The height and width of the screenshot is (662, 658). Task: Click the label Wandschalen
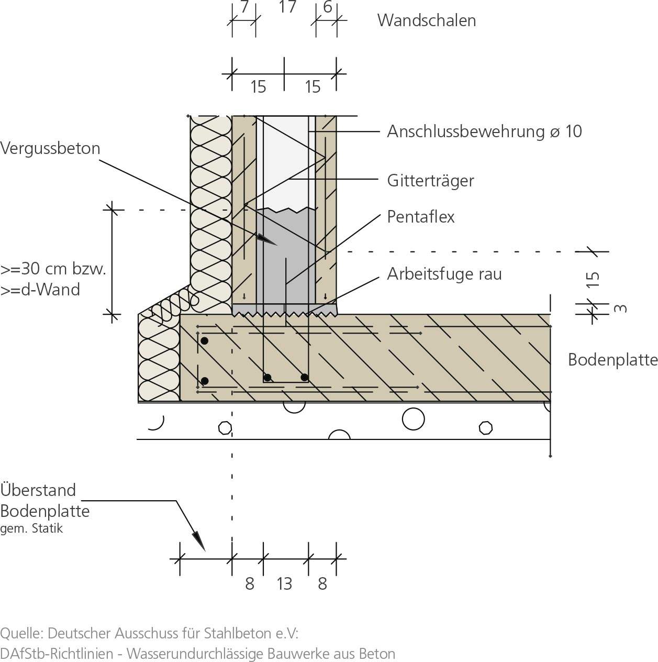426,20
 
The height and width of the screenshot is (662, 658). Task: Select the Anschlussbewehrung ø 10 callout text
484,131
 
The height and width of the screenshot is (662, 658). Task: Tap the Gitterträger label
430,181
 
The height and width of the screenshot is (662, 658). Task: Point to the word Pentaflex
421,217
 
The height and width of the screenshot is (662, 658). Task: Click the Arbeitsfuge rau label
444,274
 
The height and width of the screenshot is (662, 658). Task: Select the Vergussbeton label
50,148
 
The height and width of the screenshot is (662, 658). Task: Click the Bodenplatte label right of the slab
612,360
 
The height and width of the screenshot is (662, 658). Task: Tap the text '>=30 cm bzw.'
53,269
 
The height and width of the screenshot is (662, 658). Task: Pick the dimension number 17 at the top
287,7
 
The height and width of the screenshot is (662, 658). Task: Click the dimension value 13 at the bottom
284,583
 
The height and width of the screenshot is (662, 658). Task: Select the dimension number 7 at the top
244,7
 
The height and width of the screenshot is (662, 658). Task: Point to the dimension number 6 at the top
328,7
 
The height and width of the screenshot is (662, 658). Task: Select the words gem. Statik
31,528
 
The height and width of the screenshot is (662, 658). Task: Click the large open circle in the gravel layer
413,419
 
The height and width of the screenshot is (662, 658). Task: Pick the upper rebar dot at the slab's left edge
205,341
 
